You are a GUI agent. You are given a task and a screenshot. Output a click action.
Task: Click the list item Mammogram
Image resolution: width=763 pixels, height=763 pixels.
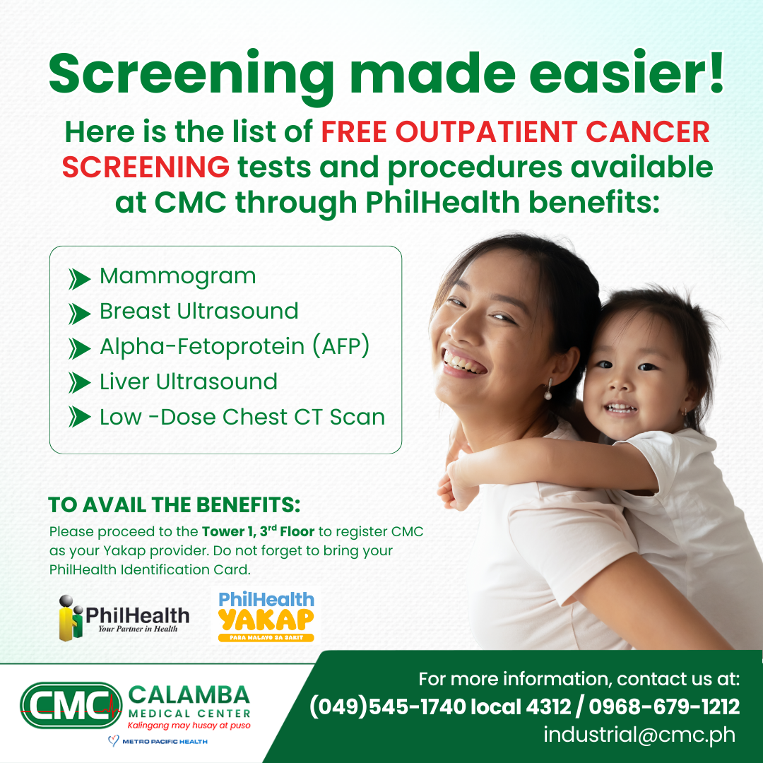(x=177, y=276)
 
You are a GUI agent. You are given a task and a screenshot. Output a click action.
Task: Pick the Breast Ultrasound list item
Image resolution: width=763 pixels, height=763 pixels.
(x=199, y=312)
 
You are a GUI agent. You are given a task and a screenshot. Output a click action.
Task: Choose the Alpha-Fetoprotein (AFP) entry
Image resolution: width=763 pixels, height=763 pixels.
(x=235, y=347)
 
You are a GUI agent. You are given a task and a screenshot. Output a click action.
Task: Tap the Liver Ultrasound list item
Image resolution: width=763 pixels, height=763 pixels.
(x=188, y=382)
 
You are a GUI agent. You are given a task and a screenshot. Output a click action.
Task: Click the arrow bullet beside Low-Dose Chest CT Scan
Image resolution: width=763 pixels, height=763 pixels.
(x=80, y=418)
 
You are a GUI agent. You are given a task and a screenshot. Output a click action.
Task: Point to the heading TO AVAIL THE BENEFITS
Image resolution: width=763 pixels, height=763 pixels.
(x=175, y=505)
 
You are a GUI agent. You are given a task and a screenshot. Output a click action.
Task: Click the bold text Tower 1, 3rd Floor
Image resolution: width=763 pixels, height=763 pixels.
(x=259, y=531)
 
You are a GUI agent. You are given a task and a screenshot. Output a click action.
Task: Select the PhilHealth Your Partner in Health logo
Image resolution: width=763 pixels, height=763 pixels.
(x=124, y=617)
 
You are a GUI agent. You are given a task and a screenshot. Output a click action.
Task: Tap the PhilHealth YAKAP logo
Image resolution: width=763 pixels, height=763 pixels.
(x=266, y=617)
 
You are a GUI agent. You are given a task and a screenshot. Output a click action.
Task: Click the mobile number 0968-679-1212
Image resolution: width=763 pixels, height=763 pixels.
(x=664, y=706)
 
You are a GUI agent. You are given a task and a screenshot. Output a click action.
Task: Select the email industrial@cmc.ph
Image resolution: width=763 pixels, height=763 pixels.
(x=639, y=735)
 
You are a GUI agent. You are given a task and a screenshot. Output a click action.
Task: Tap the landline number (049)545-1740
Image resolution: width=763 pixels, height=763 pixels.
(x=388, y=706)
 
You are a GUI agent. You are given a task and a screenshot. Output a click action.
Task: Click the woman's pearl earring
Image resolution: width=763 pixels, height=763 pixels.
(x=548, y=395)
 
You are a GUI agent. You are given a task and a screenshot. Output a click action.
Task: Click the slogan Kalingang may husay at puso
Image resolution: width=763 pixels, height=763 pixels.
(x=189, y=725)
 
